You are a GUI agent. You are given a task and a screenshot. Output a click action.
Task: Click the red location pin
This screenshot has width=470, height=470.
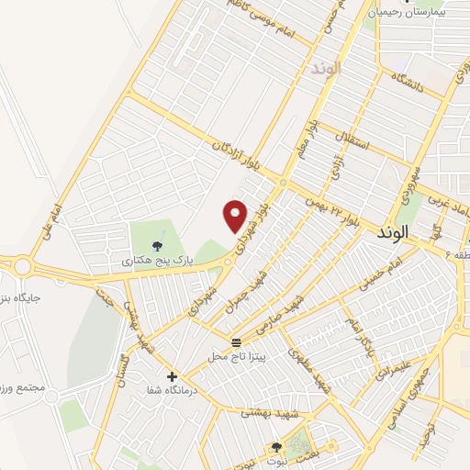pos(236,216)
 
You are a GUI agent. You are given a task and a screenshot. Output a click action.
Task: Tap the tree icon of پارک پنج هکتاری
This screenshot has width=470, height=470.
pos(160,245)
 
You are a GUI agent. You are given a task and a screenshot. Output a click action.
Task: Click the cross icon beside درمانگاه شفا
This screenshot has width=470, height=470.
pos(171,375)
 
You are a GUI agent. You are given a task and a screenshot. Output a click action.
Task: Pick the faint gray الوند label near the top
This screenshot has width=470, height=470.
pos(326,69)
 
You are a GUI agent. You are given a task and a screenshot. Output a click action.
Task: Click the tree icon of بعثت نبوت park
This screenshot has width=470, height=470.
pos(276,447)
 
